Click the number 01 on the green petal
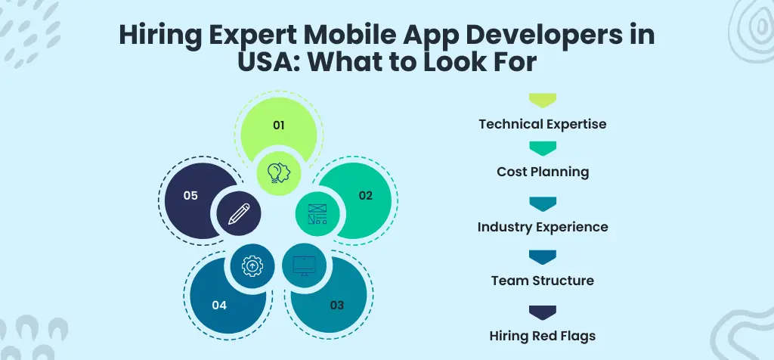click(x=278, y=125)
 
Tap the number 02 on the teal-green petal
click(x=365, y=195)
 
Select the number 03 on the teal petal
click(x=336, y=306)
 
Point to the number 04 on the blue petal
click(x=219, y=306)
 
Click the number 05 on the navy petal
click(x=190, y=195)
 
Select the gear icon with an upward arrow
click(x=252, y=265)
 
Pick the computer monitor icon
click(x=304, y=265)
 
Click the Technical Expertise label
click(x=542, y=123)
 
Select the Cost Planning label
click(x=542, y=172)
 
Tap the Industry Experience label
click(x=542, y=226)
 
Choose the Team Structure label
click(x=542, y=281)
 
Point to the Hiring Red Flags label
click(x=542, y=335)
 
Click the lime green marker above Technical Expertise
click(x=542, y=100)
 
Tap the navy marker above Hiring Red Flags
click(x=542, y=312)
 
